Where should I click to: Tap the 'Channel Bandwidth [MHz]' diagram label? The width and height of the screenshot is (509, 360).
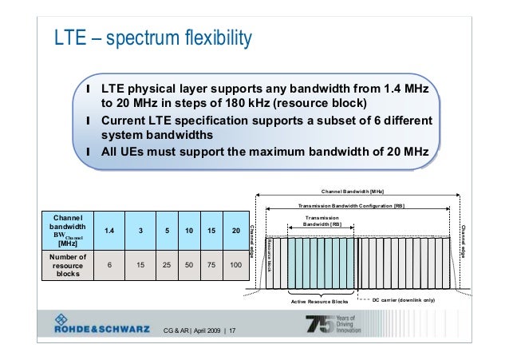pos(352,192)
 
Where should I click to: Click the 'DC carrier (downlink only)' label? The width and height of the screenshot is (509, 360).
pos(404,302)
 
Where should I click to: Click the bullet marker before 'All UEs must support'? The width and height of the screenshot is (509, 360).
pos(88,152)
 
